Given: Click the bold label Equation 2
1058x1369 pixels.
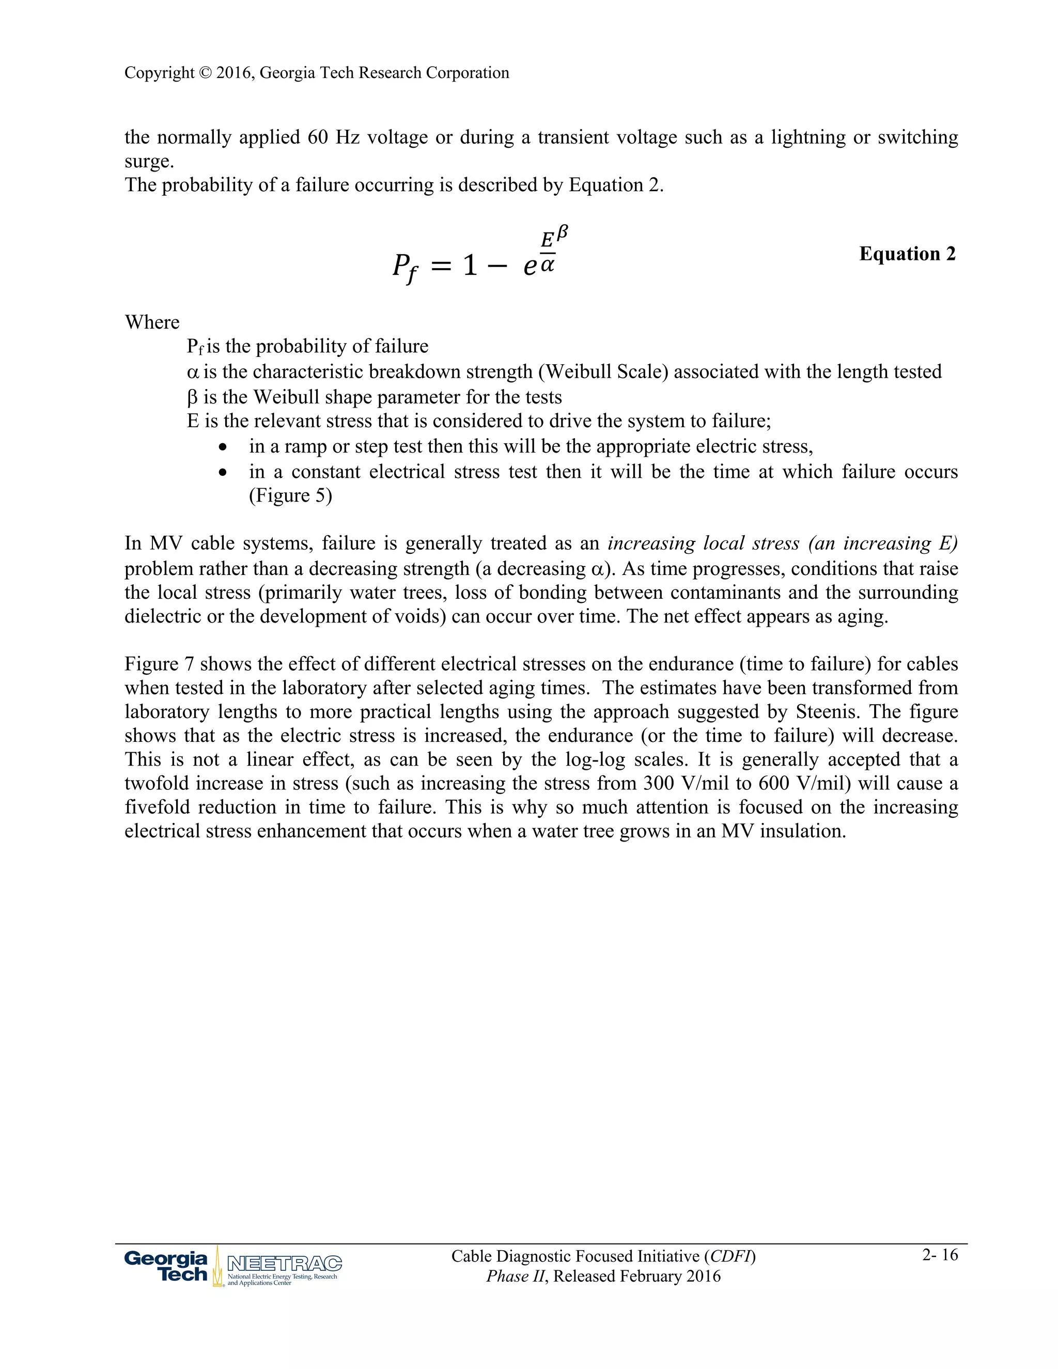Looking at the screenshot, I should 907,254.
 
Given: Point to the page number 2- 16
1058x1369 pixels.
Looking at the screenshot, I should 940,1254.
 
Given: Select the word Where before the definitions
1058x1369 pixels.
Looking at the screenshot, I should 152,322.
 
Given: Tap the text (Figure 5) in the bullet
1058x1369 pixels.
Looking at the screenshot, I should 290,496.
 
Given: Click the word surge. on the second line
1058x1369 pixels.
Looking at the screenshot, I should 149,162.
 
